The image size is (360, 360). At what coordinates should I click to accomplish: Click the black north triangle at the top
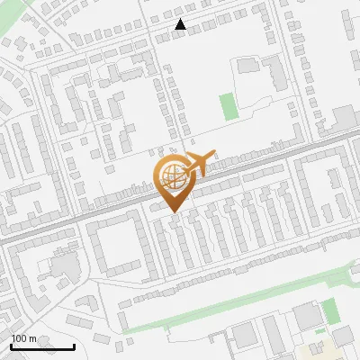click(x=181, y=24)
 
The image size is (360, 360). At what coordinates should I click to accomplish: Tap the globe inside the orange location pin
click(x=171, y=175)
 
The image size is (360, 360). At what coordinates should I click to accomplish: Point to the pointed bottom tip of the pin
click(x=175, y=212)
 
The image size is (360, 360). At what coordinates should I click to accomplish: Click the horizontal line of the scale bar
click(x=42, y=346)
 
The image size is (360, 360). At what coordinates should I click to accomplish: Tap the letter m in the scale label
click(x=32, y=338)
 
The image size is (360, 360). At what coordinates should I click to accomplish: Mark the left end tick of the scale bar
click(x=11, y=346)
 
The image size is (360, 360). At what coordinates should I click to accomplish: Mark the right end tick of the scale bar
click(x=74, y=346)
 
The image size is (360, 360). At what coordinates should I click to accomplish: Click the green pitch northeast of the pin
click(x=229, y=106)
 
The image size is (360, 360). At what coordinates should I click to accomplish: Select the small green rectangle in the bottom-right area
click(x=331, y=310)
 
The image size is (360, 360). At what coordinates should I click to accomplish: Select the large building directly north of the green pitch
click(x=247, y=66)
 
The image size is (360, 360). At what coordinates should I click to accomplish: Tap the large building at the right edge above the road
click(x=345, y=116)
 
